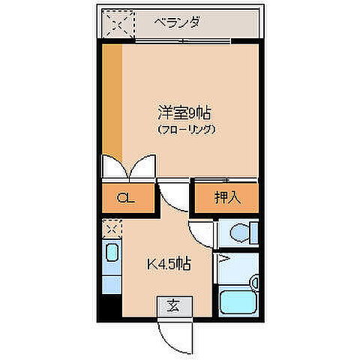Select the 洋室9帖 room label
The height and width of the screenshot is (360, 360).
coord(184,113)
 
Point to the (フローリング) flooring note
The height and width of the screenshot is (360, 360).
coord(187,130)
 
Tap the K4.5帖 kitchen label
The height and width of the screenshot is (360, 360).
coord(168,264)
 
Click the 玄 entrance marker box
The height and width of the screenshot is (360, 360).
coord(173,305)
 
